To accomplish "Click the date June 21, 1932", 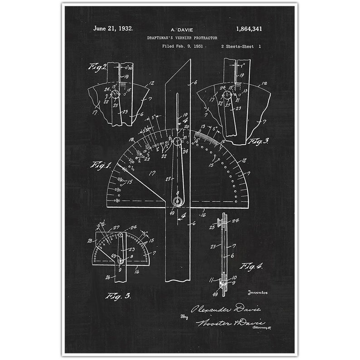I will point(113,29).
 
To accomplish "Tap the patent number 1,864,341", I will point(249,29).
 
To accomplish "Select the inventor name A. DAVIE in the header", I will point(180,30).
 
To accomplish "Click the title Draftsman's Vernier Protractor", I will point(180,38).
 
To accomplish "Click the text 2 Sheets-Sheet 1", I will point(241,46).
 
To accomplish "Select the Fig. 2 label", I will point(97,68).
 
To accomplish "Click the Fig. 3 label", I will point(258,141).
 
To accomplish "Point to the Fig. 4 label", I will point(251,266).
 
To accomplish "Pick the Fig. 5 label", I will point(118,296).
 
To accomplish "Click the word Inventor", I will point(258,293).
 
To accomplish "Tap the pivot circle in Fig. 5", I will point(121,261).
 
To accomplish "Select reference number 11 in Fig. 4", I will point(211,281).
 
